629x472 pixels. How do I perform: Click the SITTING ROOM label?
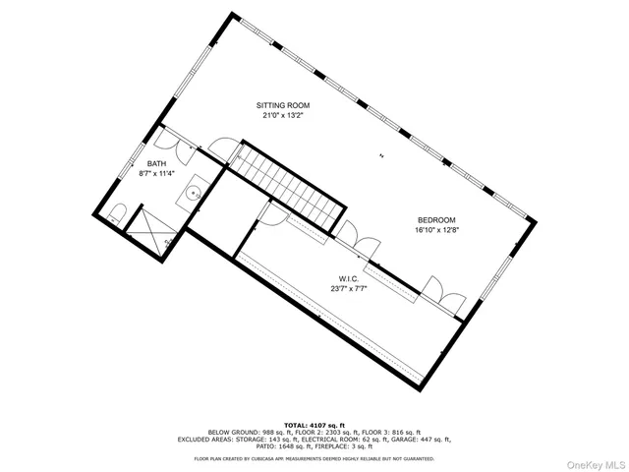(283, 104)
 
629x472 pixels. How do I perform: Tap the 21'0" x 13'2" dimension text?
(283, 115)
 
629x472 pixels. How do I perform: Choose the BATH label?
(157, 163)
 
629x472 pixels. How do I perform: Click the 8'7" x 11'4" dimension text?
(157, 174)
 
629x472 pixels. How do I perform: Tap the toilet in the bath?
(117, 213)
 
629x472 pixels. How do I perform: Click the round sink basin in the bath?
(196, 193)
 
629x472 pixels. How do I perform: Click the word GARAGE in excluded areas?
(376, 440)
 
